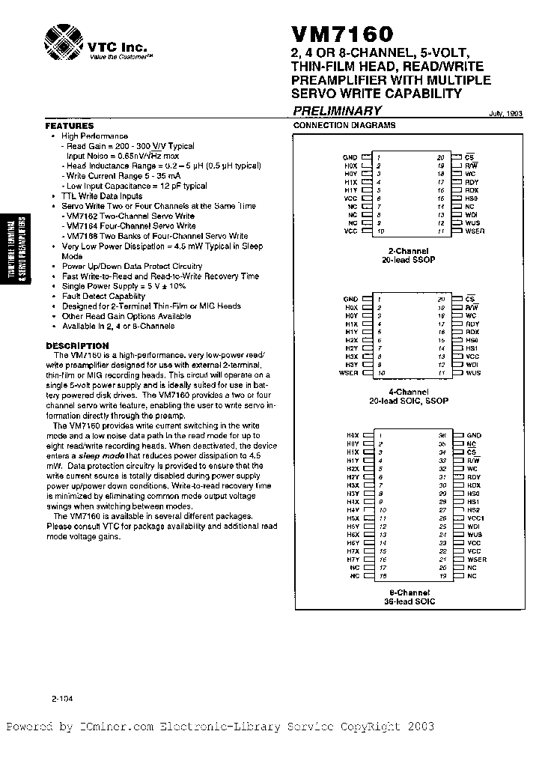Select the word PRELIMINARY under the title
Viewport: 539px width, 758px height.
click(x=337, y=111)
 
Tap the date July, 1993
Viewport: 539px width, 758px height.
click(x=506, y=113)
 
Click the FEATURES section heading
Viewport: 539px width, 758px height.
click(x=70, y=127)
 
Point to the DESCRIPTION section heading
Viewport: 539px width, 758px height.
click(x=78, y=345)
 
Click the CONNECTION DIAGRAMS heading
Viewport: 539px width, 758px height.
click(x=344, y=126)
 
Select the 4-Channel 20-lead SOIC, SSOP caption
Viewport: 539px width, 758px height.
click(x=408, y=396)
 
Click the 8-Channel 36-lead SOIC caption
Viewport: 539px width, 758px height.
click(x=409, y=596)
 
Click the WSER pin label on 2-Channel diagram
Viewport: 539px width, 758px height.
click(x=474, y=232)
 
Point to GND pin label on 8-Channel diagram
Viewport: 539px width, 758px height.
click(x=473, y=435)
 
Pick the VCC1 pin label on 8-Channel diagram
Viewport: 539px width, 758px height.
click(x=476, y=518)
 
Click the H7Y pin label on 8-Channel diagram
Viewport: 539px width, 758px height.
click(x=353, y=560)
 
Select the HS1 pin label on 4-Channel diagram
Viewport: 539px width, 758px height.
click(x=472, y=348)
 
